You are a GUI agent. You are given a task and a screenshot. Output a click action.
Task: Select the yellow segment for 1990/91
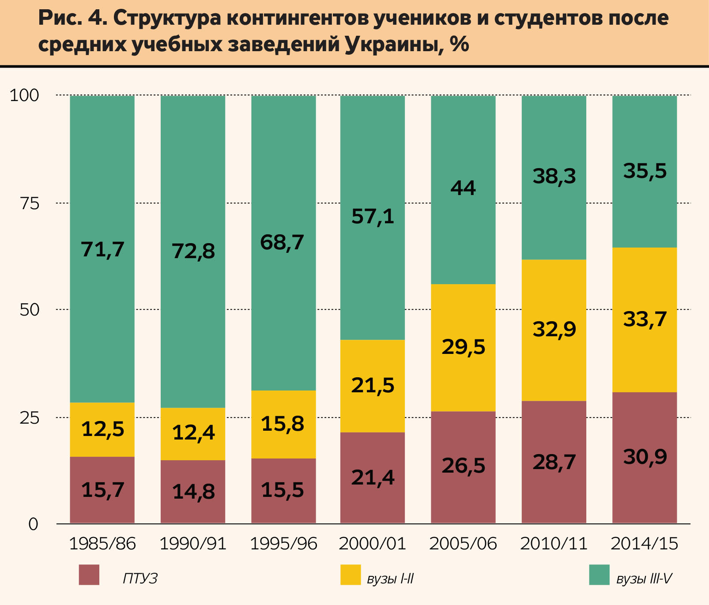pos(193,433)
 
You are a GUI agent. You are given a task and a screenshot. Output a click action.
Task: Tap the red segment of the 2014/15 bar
pos(645,457)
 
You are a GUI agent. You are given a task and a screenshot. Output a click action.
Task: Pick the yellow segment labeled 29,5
pos(463,347)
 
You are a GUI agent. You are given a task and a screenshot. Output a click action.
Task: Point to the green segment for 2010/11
pos(554,177)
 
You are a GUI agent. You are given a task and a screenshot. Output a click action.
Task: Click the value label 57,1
pos(373,217)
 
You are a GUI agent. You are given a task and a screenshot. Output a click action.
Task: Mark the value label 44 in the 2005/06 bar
pos(463,188)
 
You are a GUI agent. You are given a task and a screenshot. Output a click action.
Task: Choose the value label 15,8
pos(283,424)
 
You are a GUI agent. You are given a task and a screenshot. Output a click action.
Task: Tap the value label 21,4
pos(373,477)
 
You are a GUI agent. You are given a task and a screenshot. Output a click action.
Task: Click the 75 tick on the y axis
pos(30,203)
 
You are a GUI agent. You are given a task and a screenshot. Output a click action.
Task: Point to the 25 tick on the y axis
pos(30,417)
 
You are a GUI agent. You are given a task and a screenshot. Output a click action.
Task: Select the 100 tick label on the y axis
pos(25,95)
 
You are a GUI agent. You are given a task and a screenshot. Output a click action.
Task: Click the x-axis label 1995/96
pos(283,544)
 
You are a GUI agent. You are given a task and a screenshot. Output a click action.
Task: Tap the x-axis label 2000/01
pos(373,544)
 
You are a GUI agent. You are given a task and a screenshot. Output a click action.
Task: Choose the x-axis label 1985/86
pos(102,544)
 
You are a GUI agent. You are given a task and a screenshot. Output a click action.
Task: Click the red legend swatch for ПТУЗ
pos(89,575)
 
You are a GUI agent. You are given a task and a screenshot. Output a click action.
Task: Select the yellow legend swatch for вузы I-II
pos(351,575)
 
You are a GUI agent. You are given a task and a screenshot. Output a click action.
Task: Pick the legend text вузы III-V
pos(644,579)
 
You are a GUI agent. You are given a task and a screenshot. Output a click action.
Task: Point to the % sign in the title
pos(460,44)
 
